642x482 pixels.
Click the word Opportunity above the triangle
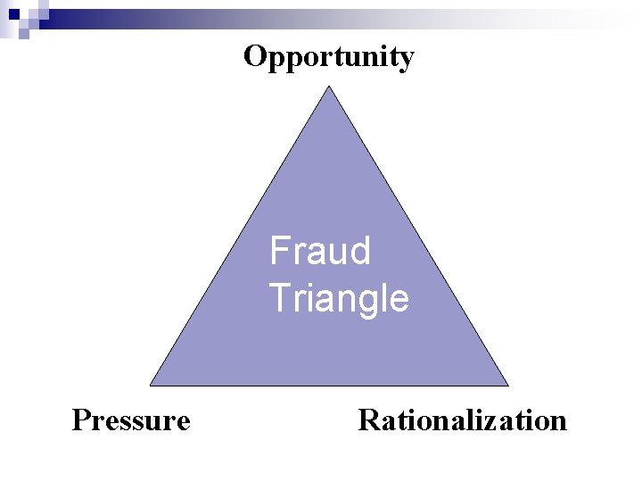coord(328,58)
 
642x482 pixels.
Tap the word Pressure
coord(131,420)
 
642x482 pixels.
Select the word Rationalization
coord(462,420)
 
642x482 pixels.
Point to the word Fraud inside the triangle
coord(320,251)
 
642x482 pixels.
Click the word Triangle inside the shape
coord(339,298)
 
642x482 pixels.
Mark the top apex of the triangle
coord(330,87)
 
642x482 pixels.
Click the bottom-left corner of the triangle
coord(151,385)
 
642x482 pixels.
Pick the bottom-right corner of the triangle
coord(507,385)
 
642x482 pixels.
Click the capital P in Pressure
coord(80,420)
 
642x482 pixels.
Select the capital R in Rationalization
coord(368,420)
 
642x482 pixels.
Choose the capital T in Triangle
coord(279,298)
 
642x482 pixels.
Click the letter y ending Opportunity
coord(406,61)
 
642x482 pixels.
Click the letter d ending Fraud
coord(359,251)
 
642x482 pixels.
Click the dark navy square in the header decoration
coord(12,13)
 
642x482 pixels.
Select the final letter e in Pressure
coord(183,421)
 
